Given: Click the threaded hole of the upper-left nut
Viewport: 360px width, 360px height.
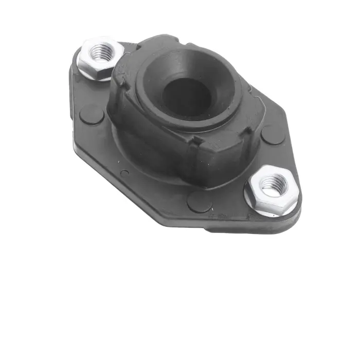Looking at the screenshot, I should click(x=101, y=51).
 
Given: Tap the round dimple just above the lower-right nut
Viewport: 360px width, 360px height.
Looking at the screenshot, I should click(x=272, y=135).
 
